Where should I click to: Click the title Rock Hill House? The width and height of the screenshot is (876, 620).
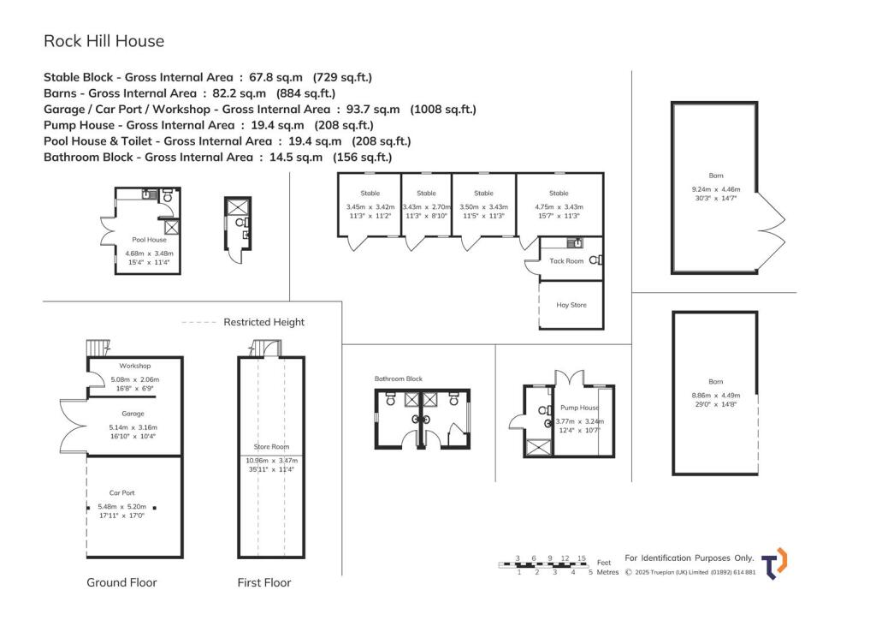point(104,40)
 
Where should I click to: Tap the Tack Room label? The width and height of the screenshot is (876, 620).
point(565,261)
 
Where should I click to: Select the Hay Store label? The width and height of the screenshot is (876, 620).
point(571,305)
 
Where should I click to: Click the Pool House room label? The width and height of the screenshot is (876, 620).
point(149,241)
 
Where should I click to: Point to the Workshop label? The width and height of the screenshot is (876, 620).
point(134,366)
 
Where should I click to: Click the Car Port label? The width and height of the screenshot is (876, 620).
point(121,493)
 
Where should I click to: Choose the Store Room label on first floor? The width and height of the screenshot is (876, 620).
point(271,447)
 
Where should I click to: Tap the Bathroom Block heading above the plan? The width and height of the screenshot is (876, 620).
point(398,379)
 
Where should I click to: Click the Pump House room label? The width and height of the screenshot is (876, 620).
point(579,408)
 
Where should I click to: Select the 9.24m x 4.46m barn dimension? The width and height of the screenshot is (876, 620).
point(715,189)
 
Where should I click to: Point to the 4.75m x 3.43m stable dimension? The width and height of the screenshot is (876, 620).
point(559,206)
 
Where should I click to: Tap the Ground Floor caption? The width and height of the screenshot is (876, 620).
point(121,582)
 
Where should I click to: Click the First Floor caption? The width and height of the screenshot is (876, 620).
point(263,582)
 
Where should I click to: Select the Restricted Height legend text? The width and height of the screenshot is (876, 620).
point(263,322)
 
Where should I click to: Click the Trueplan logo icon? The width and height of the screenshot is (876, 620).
point(775,563)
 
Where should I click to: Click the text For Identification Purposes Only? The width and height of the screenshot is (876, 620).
point(690,557)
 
